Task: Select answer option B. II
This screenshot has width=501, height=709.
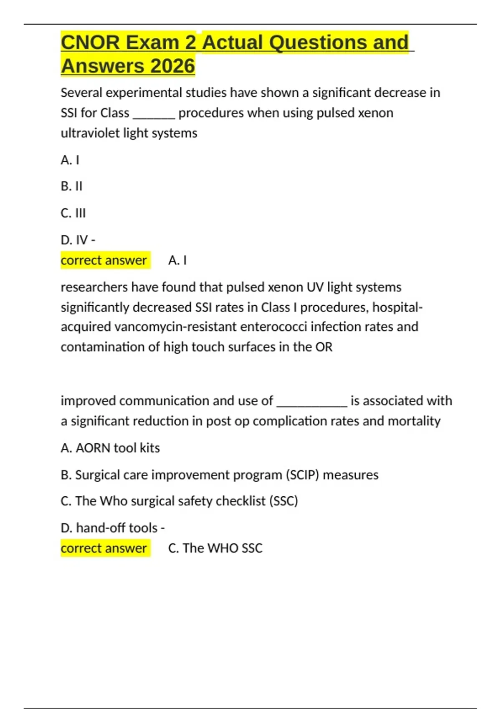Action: pyautogui.click(x=71, y=186)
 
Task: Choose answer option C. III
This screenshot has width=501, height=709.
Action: pyautogui.click(x=73, y=213)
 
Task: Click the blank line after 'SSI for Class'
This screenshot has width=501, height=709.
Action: pyautogui.click(x=154, y=114)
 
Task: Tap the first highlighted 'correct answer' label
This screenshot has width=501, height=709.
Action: pyautogui.click(x=104, y=260)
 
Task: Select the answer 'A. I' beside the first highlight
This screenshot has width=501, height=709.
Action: pyautogui.click(x=177, y=260)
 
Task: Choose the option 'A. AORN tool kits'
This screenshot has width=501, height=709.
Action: pyautogui.click(x=110, y=448)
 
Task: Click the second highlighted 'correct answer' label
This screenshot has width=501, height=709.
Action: pyautogui.click(x=104, y=548)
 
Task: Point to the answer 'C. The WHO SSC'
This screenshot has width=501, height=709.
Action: pyautogui.click(x=215, y=548)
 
